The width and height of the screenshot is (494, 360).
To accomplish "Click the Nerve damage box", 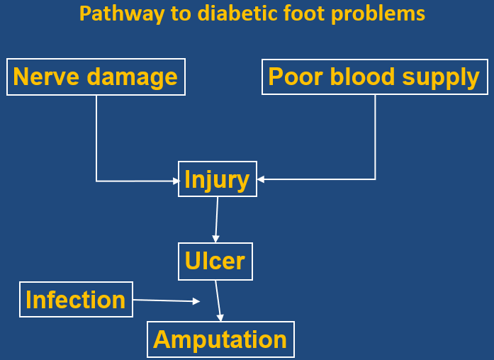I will (96, 77).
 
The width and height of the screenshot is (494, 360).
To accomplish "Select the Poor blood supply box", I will (374, 77).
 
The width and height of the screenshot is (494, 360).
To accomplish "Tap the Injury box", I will (216, 179).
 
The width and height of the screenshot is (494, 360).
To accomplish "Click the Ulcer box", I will (215, 261).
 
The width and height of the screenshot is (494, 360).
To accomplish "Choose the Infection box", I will (75, 300).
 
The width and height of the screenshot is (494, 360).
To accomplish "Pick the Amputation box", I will (220, 339).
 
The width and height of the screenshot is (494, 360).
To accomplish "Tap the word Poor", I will (294, 77).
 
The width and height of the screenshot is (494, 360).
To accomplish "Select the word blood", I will (361, 77).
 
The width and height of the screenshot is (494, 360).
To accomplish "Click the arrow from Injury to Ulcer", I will (216, 220).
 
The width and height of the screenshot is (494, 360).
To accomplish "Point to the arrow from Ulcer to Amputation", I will (219, 300).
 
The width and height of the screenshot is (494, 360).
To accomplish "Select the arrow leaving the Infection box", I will (167, 300).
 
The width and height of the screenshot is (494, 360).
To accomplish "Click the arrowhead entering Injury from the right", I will (261, 179).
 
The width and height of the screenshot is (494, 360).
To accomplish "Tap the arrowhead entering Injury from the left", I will (177, 181).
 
